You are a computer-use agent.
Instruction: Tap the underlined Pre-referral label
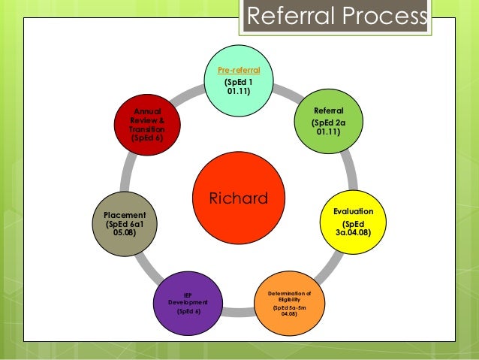[x=239, y=70]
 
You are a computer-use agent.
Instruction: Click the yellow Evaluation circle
[x=352, y=224]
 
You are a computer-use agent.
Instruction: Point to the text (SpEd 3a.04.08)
[x=352, y=228]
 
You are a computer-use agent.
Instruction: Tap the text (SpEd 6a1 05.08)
[x=125, y=228]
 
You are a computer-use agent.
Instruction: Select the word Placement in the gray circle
[x=125, y=215]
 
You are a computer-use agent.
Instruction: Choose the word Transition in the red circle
[x=146, y=129]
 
